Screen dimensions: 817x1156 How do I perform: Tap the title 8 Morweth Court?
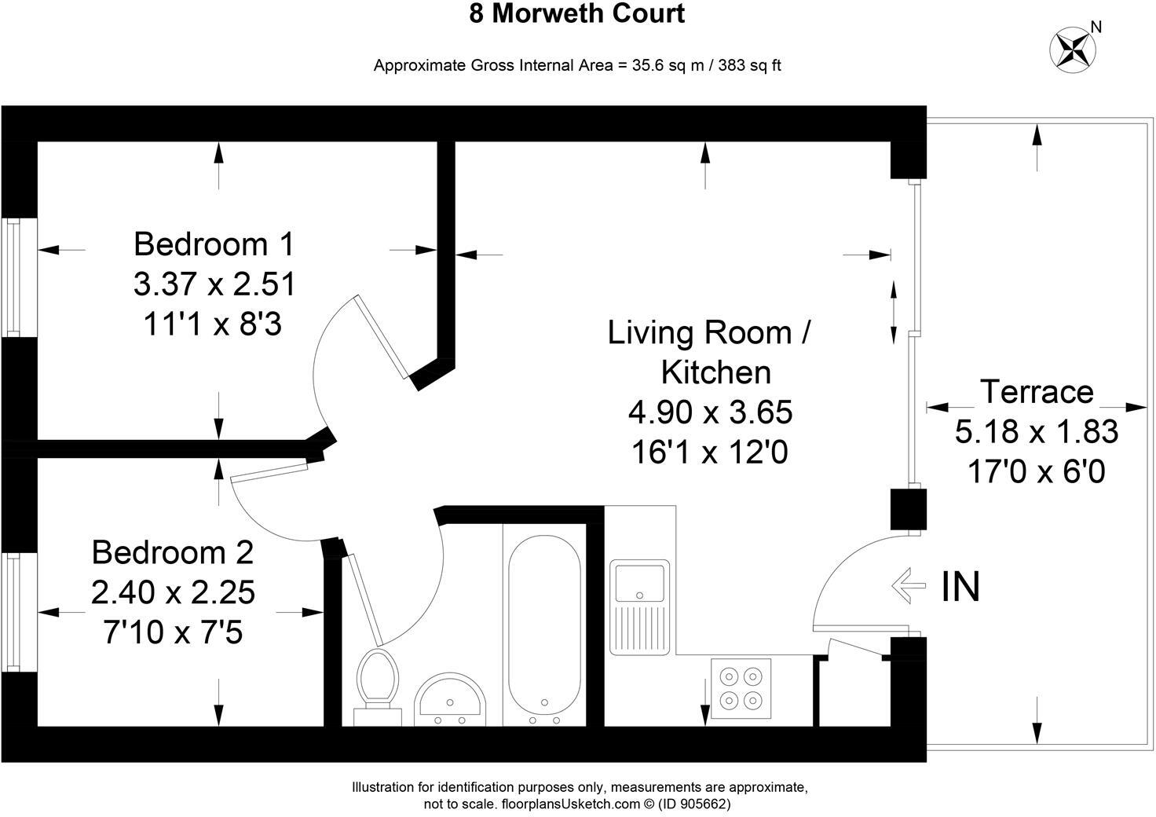tap(577, 14)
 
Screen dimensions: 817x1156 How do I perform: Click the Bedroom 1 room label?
tap(214, 244)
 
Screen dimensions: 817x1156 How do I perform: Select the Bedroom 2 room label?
tap(173, 552)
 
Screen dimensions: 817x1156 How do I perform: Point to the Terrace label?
tap(1037, 391)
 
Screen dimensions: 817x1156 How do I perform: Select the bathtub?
tap(544, 628)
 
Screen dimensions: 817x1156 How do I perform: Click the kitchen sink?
tap(639, 583)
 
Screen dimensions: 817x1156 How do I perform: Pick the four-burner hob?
tap(741, 688)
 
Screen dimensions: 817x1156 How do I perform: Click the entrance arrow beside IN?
tap(909, 586)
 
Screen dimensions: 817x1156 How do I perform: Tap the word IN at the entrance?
tap(960, 587)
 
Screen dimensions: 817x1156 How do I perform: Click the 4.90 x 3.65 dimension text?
tap(710, 412)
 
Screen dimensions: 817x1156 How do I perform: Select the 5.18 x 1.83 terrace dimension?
tap(1037, 431)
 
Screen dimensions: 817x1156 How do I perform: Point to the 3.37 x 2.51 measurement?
tap(214, 284)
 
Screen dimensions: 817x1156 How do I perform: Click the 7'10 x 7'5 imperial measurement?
tap(173, 632)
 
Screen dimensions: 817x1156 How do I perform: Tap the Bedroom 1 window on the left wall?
tap(13, 277)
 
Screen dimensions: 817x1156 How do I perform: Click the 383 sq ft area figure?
tap(747, 65)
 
